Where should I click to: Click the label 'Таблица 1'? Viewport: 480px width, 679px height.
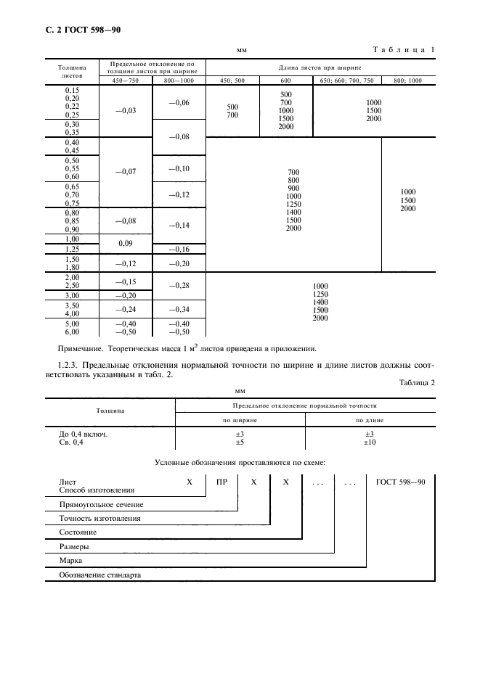404,49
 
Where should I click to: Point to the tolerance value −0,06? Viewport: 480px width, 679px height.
179,103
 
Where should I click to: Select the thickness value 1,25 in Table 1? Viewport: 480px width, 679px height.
71,249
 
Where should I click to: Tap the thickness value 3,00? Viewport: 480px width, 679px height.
71,295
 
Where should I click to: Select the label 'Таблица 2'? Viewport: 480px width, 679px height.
416,383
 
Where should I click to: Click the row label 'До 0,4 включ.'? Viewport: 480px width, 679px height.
83,433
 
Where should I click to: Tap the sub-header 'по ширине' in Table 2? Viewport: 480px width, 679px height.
240,419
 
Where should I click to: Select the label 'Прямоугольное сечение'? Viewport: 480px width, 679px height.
101,504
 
